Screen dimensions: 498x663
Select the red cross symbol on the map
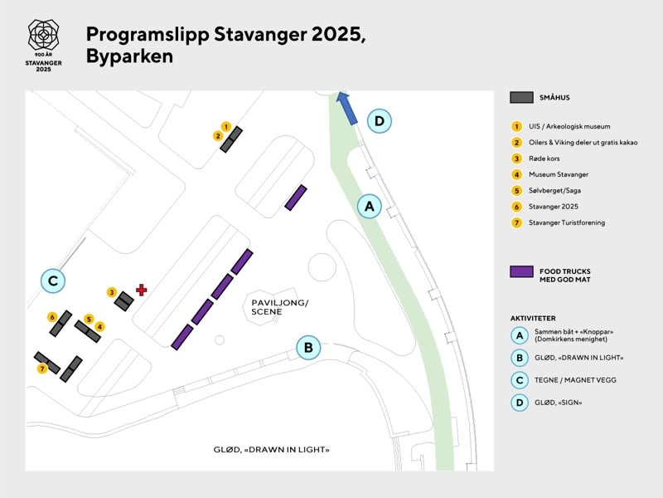[142, 290]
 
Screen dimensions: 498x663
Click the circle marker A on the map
[370, 205]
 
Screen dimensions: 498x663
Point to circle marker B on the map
[308, 347]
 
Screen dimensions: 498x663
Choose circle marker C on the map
[53, 281]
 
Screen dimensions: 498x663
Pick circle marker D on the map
[379, 121]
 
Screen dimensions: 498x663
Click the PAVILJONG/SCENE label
[279, 307]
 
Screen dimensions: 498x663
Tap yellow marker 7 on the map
[42, 369]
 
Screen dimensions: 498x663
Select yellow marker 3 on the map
[112, 292]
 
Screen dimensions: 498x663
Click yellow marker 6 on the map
[52, 317]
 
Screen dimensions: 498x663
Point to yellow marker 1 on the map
[225, 127]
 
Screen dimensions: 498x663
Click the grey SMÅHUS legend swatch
[521, 97]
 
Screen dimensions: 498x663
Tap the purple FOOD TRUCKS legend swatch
[521, 271]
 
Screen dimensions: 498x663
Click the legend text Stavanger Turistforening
[567, 222]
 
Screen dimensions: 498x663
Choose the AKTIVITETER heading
[533, 318]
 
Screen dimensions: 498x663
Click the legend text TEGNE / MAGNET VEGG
[575, 380]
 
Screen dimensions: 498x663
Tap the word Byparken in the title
[129, 56]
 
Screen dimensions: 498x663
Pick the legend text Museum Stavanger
[559, 174]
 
